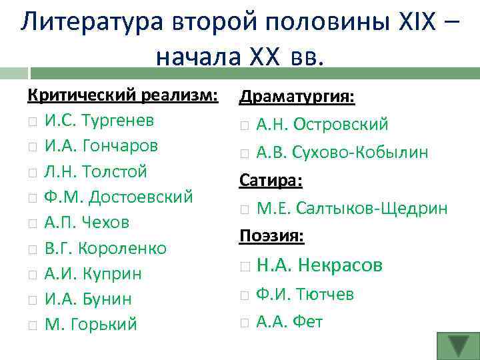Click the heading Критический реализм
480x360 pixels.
123,95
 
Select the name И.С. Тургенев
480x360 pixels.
99,121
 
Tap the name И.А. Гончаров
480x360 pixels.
101,146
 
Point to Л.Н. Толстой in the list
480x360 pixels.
95,171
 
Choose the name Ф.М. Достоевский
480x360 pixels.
119,197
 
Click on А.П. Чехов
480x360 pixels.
87,222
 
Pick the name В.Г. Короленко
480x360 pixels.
105,248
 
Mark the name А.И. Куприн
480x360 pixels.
93,273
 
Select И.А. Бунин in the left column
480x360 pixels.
88,299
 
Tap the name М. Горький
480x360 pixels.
90,325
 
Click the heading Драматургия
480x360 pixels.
297,97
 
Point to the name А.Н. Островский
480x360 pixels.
322,125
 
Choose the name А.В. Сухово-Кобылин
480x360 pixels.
342,152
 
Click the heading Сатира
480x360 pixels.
271,180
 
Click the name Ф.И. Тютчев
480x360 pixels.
305,294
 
